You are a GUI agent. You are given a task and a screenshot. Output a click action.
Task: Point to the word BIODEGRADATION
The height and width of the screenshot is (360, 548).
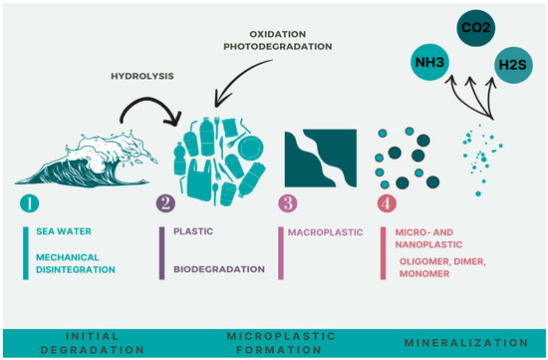tap(218, 268)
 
